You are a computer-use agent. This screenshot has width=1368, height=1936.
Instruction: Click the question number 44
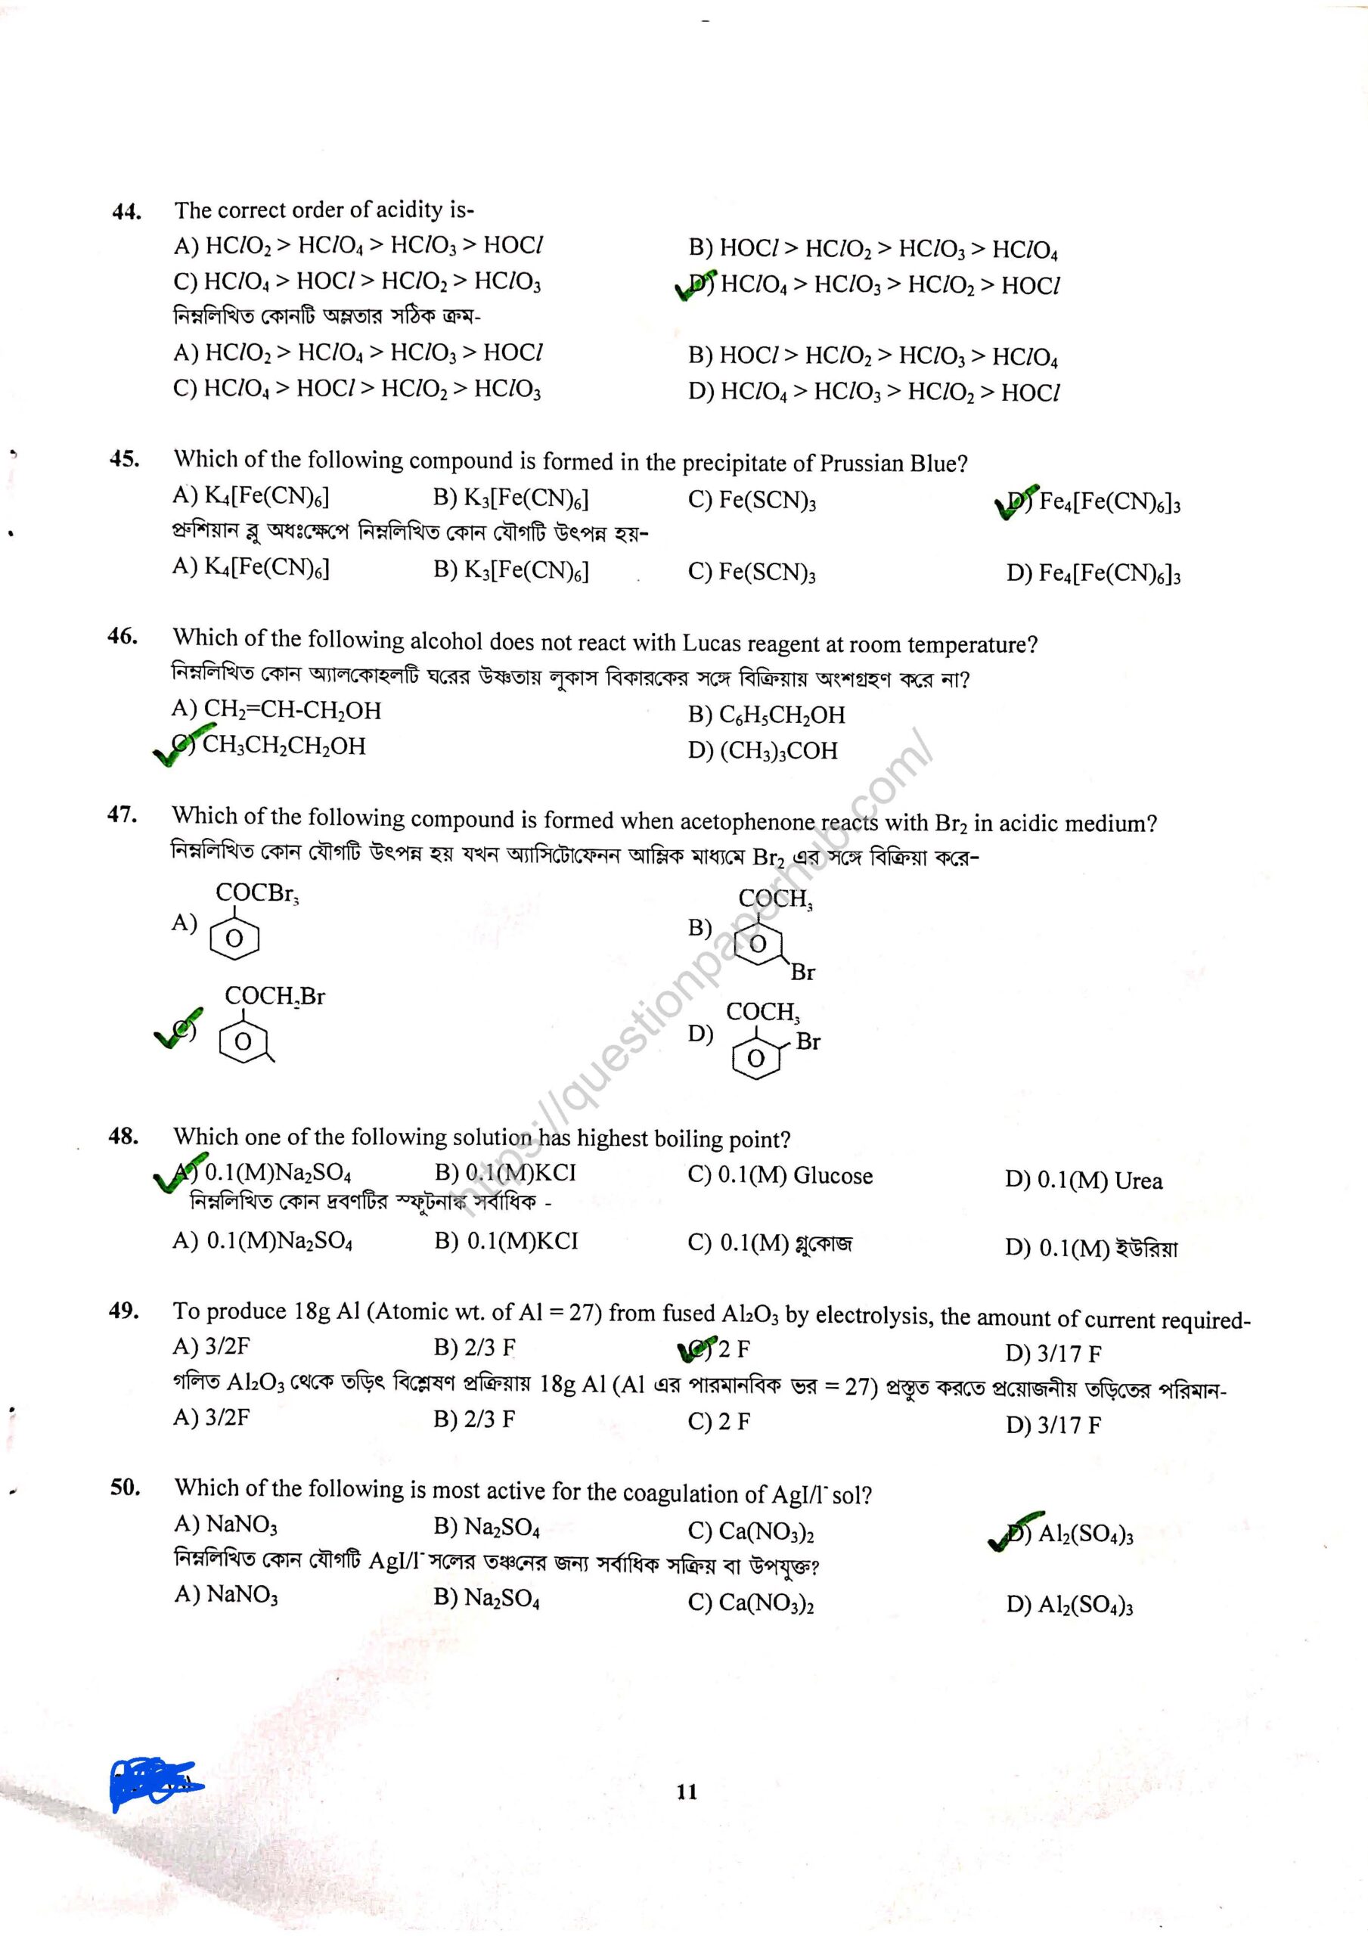tap(126, 211)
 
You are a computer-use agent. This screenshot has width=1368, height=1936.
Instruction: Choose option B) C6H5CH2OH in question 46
tap(766, 715)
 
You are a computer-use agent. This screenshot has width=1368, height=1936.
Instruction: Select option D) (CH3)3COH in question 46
tap(762, 750)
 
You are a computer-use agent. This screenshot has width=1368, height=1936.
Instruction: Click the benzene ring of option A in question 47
tap(234, 939)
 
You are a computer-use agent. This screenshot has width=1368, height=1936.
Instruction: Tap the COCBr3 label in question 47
tap(257, 893)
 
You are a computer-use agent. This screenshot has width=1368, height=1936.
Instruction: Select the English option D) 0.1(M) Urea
tap(1083, 1181)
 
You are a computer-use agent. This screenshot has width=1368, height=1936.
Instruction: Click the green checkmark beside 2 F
tap(696, 1348)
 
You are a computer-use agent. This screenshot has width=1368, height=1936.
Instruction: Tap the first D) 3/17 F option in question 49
tap(1053, 1354)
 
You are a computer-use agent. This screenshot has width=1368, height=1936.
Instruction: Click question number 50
tap(125, 1487)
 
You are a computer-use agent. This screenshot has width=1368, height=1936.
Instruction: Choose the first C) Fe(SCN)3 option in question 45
tap(752, 500)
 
